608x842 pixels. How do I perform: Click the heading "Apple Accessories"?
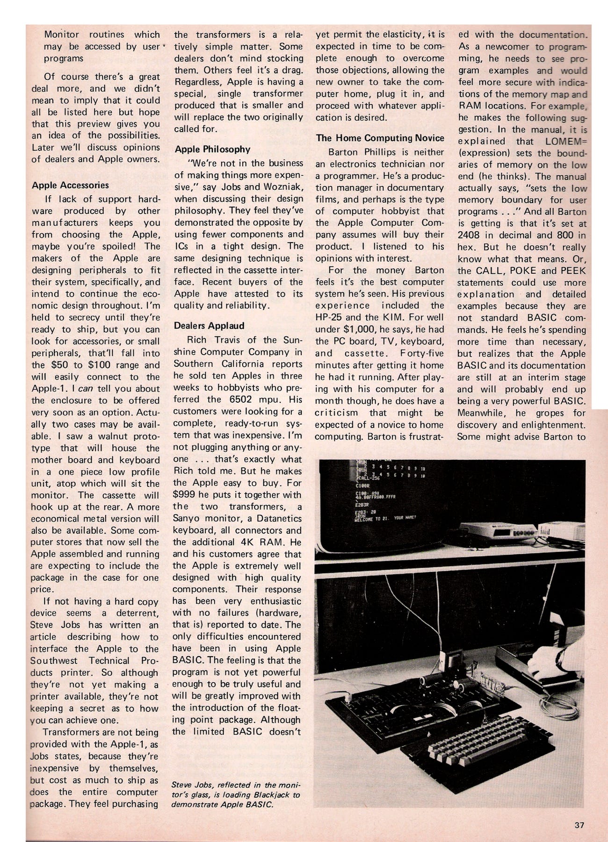[x=70, y=185]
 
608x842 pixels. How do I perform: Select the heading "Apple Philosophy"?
[x=212, y=150]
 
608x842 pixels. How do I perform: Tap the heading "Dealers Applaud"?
[x=209, y=326]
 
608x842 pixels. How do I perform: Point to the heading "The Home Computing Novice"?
[x=380, y=138]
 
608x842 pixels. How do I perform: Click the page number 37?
[x=580, y=825]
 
